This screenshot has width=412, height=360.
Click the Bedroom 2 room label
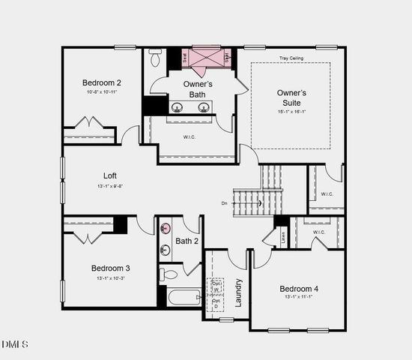coord(102,82)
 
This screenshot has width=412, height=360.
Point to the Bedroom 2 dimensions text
coord(102,91)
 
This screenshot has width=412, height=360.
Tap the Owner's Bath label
coord(198,89)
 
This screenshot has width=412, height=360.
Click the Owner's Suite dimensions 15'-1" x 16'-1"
coord(291,112)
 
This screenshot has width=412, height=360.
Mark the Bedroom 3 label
coord(111,268)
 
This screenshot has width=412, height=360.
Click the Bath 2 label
coord(187,241)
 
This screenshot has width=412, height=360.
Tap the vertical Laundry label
coord(239,292)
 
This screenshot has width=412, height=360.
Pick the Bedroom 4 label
coord(299,289)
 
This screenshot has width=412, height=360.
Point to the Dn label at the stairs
coord(224,202)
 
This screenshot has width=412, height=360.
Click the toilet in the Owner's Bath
coord(156,58)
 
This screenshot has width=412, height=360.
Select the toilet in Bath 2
coord(168,274)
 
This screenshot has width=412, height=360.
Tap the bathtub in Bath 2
coord(184,298)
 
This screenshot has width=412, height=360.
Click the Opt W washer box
coord(216,286)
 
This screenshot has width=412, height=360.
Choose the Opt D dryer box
coord(216,302)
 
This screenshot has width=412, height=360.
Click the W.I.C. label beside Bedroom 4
coord(318,232)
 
